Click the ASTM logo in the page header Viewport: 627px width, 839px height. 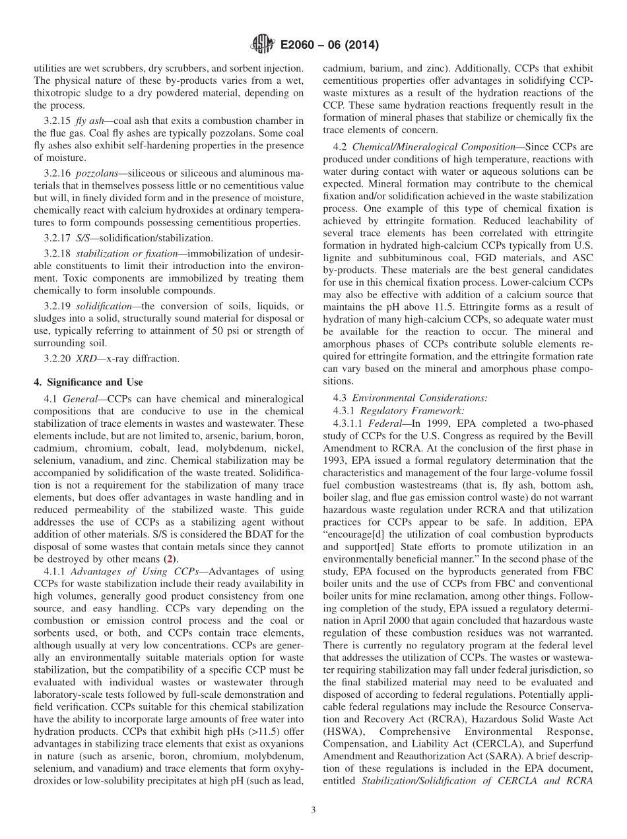coord(263,45)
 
